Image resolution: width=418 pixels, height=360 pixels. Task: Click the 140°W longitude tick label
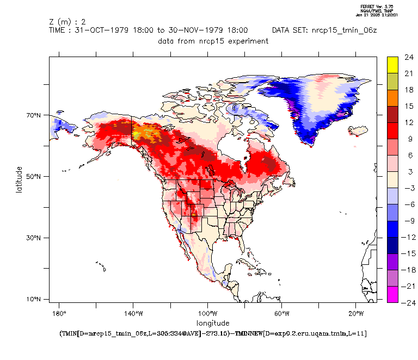[x=133, y=313]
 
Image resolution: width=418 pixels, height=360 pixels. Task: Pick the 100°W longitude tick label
[x=207, y=313]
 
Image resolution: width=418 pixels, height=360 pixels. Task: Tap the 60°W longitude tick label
[x=281, y=313]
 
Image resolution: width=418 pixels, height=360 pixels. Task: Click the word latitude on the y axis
[x=19, y=179]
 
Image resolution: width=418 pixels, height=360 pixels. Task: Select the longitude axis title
[x=213, y=322]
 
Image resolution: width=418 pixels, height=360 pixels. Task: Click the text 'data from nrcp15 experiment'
[x=213, y=41]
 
